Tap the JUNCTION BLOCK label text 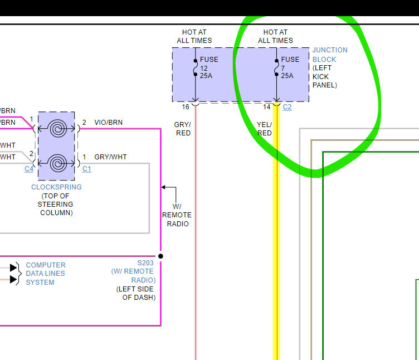pyautogui.click(x=329, y=55)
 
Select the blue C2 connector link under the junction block pyautogui.click(x=288, y=106)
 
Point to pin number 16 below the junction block pyautogui.click(x=185, y=106)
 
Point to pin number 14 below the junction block pyautogui.click(x=266, y=106)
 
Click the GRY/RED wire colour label pyautogui.click(x=183, y=129)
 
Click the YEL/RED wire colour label pyautogui.click(x=264, y=129)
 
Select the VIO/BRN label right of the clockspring pyautogui.click(x=109, y=123)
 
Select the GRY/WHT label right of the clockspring pyautogui.click(x=110, y=157)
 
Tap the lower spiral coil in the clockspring pyautogui.click(x=56, y=164)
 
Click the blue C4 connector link pyautogui.click(x=29, y=169)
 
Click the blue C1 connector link pyautogui.click(x=86, y=169)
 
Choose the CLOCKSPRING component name pyautogui.click(x=56, y=187)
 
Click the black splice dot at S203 pyautogui.click(x=160, y=256)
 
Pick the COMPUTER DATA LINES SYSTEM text pyautogui.click(x=45, y=274)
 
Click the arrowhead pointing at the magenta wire pyautogui.click(x=164, y=187)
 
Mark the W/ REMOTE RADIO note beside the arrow pyautogui.click(x=177, y=215)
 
